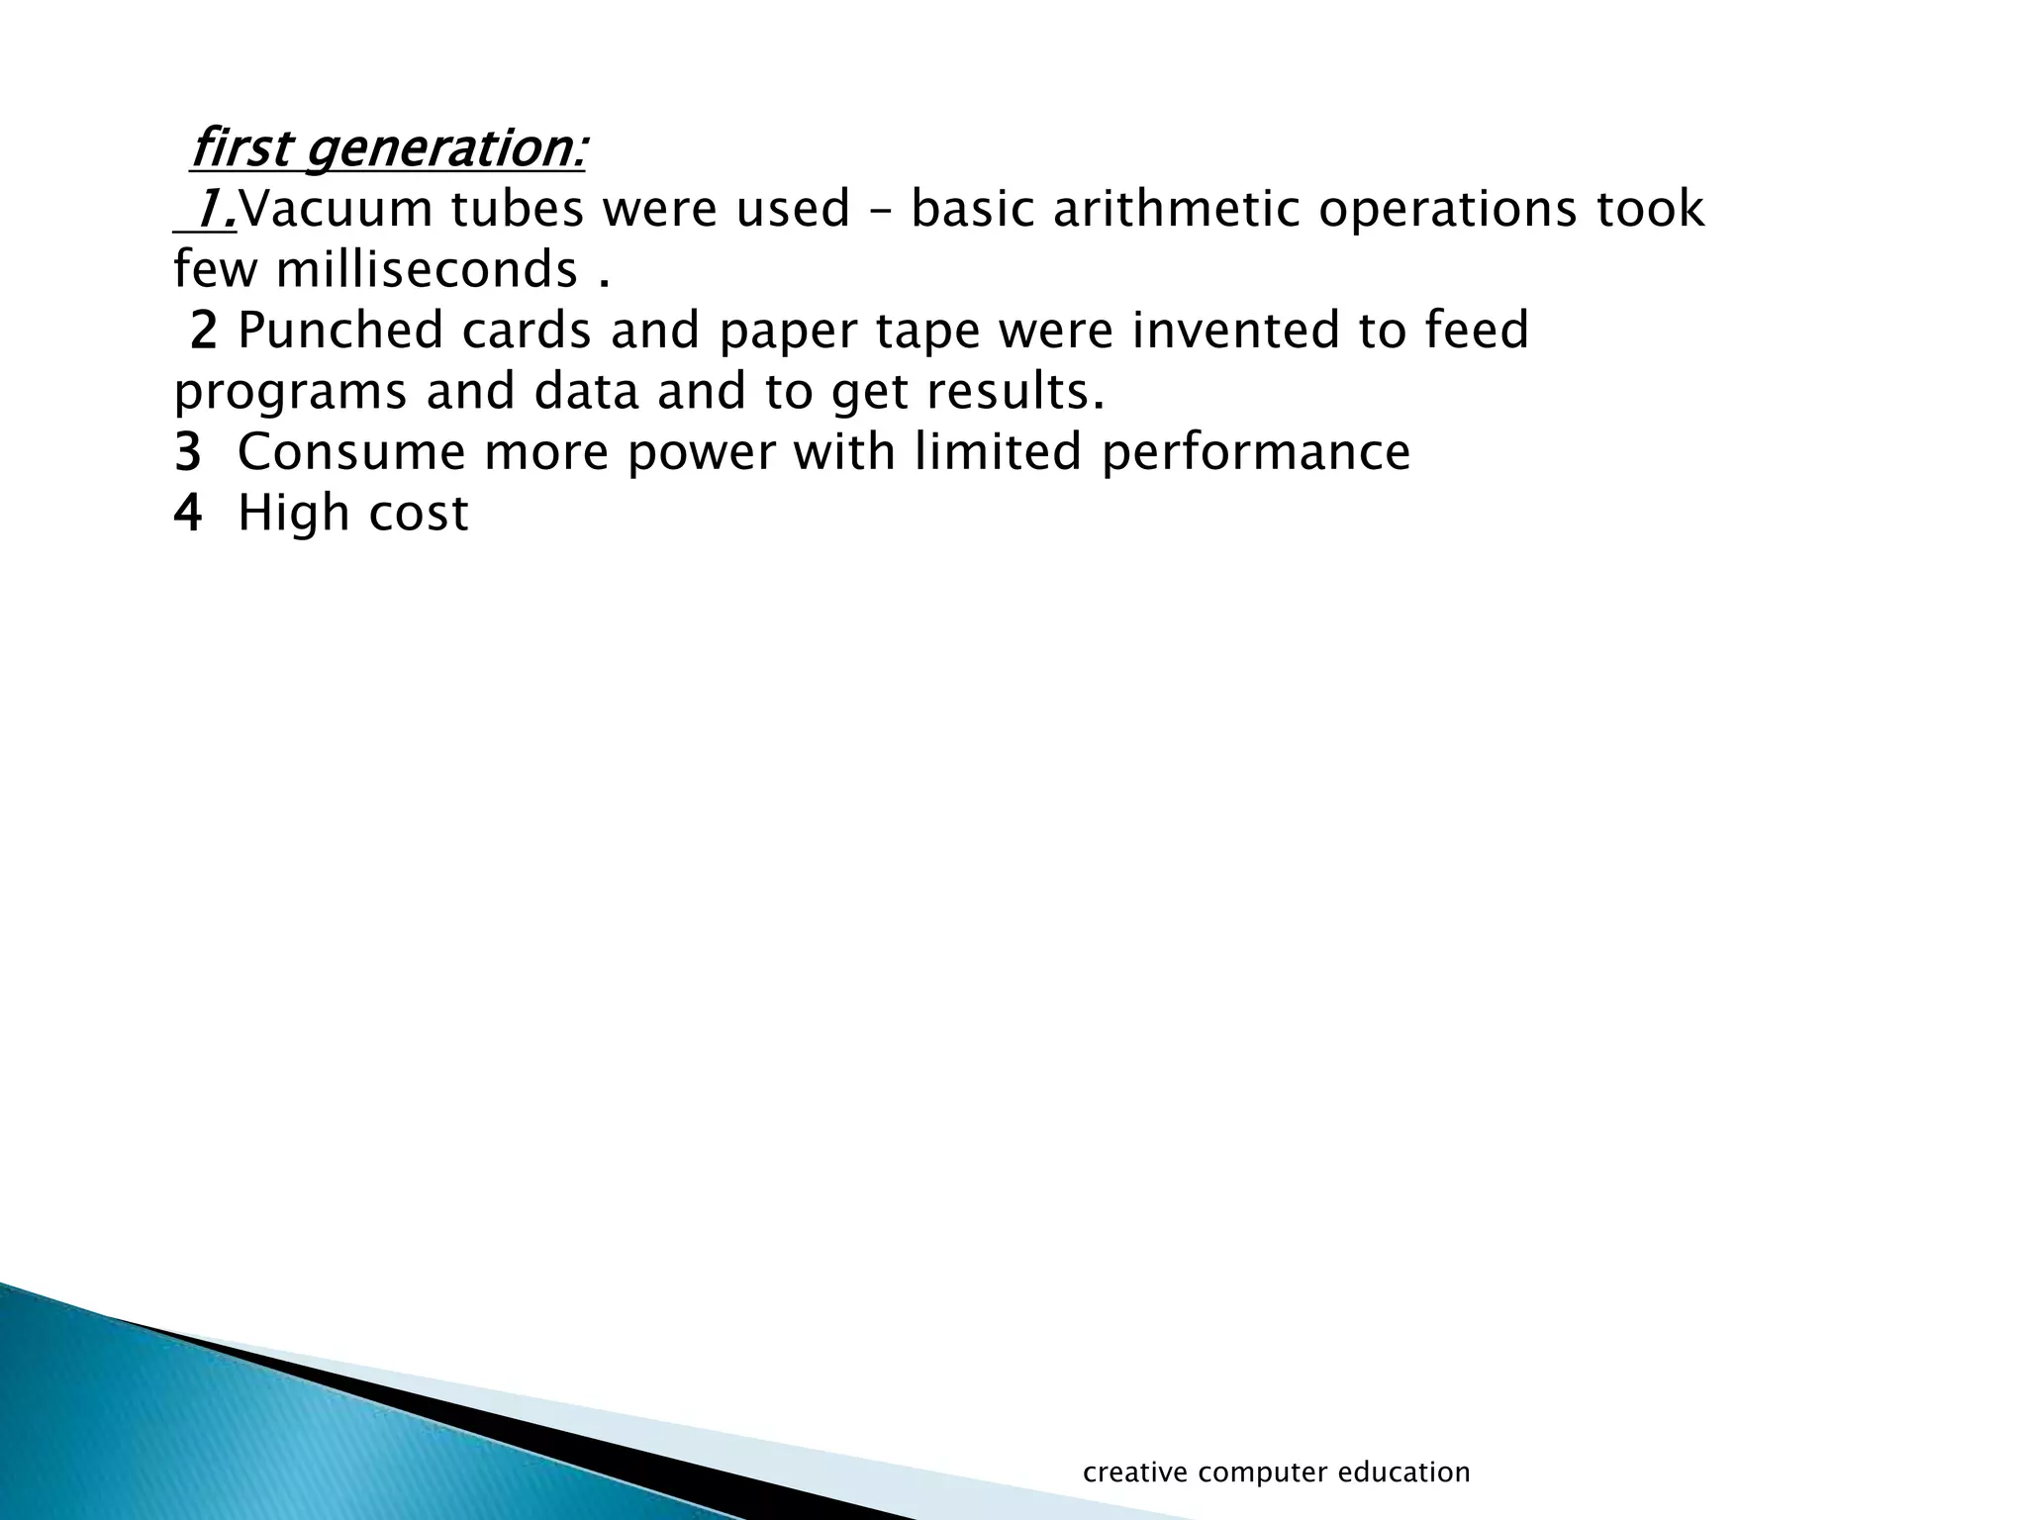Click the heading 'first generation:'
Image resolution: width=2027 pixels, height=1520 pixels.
point(387,149)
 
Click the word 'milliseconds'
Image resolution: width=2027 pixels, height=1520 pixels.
point(427,270)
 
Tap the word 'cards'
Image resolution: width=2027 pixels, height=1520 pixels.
point(526,331)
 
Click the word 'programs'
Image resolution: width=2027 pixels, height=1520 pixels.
point(290,394)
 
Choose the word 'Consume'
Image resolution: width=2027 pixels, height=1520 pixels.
point(349,452)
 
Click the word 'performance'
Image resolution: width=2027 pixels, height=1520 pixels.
point(1255,454)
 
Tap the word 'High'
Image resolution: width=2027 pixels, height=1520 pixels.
point(293,514)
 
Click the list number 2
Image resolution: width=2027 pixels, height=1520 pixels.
point(202,332)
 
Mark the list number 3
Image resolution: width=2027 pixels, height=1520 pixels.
point(187,453)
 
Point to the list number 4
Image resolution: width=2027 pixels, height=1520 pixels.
point(187,514)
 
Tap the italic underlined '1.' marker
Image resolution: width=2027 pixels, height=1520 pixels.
point(216,210)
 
